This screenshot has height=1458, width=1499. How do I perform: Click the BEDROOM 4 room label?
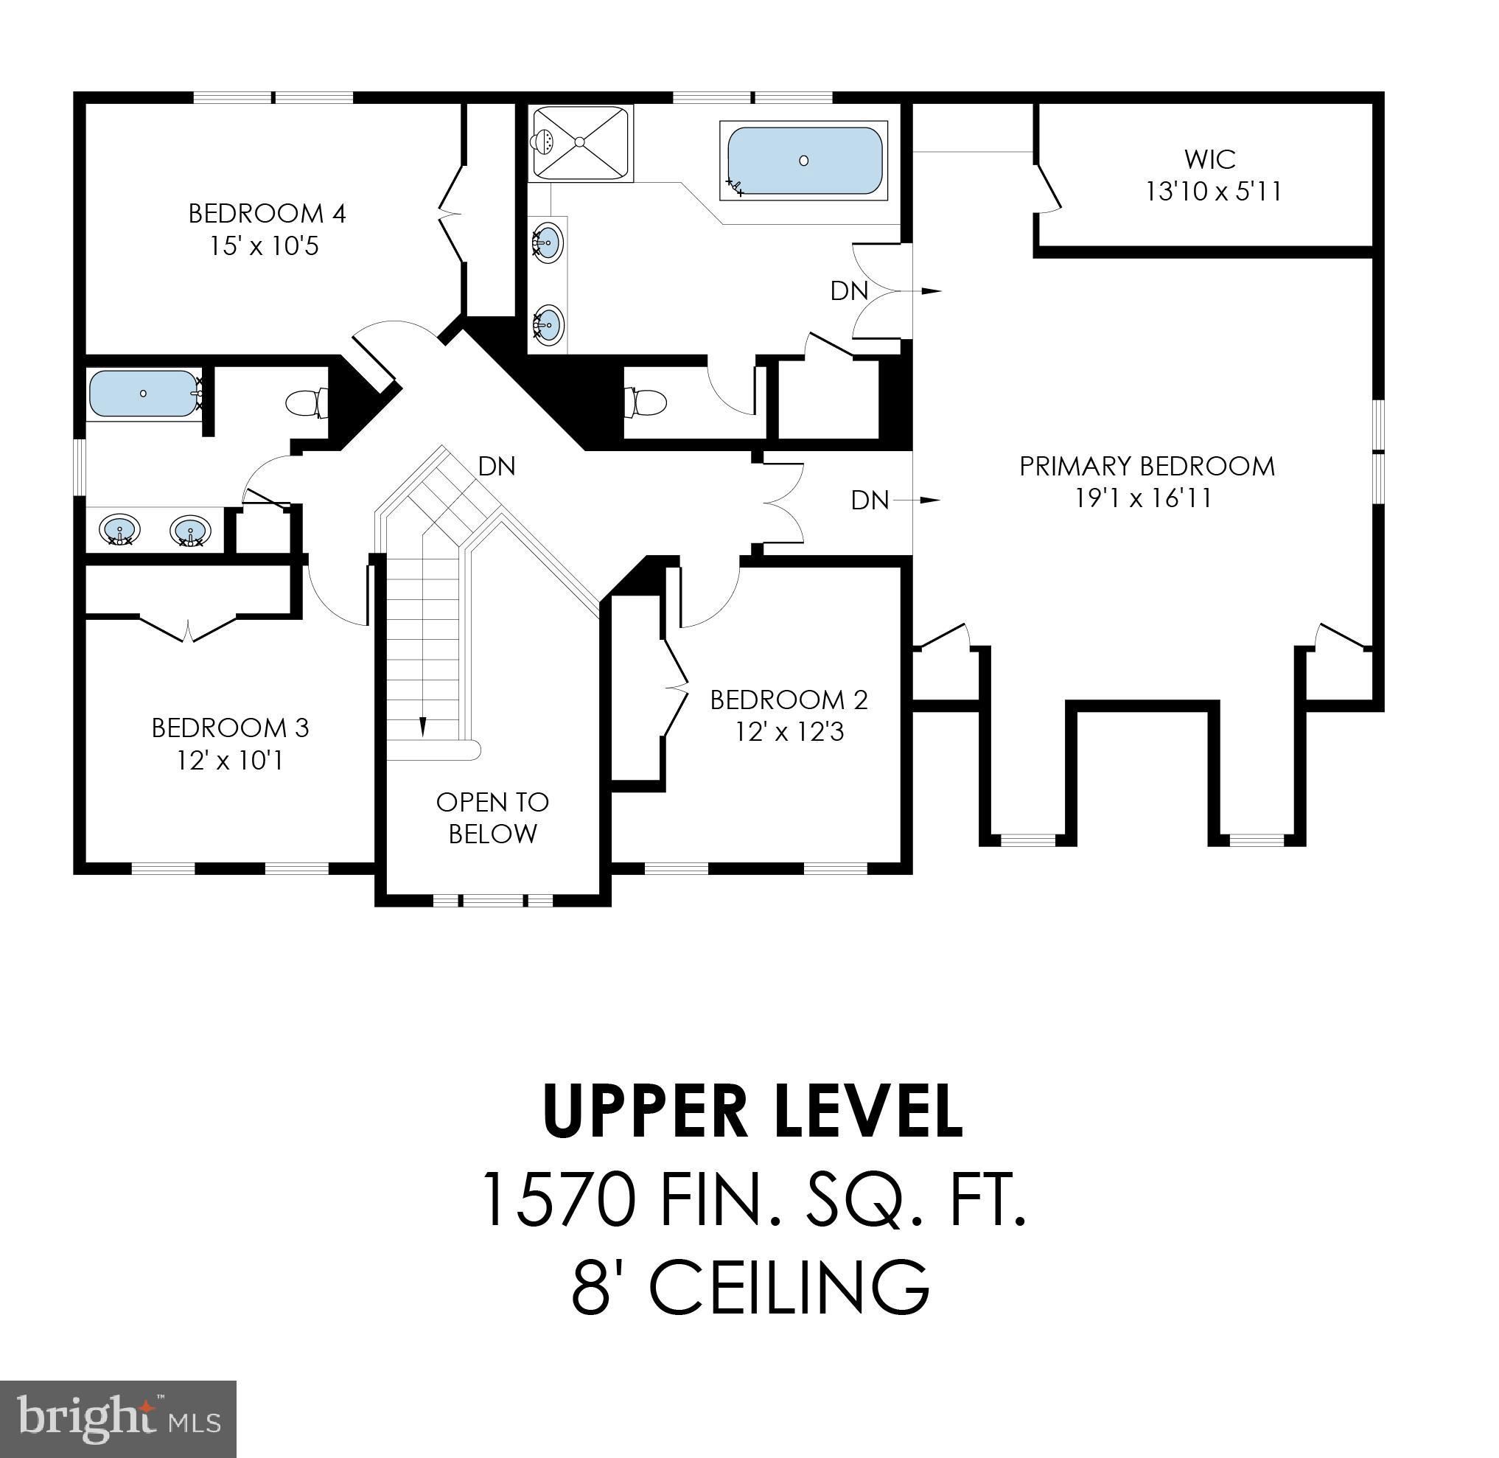pos(268,213)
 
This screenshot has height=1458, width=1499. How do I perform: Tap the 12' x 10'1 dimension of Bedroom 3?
pos(231,761)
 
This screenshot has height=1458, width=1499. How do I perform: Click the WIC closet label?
pos(1209,159)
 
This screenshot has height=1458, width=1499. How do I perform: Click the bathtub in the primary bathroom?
pos(803,161)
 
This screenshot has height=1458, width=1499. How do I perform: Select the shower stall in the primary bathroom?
pos(580,142)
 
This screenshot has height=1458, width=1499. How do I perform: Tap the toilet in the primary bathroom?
pos(646,402)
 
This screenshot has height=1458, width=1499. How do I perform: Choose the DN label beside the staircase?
pos(497,466)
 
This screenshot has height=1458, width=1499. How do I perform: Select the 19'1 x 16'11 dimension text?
pos(1143,498)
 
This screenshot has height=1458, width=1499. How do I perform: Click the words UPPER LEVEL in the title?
pos(752,1110)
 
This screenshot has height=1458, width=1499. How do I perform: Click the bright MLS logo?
pos(118,1419)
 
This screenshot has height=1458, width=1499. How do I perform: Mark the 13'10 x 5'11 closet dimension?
pos(1214,192)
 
